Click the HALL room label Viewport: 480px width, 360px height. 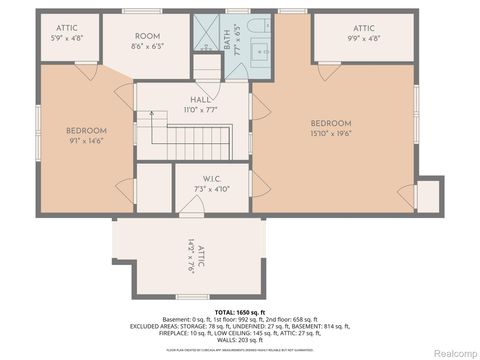(200, 102)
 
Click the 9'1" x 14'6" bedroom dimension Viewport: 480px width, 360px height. (86, 141)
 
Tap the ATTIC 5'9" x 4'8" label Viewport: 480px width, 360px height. (68, 34)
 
